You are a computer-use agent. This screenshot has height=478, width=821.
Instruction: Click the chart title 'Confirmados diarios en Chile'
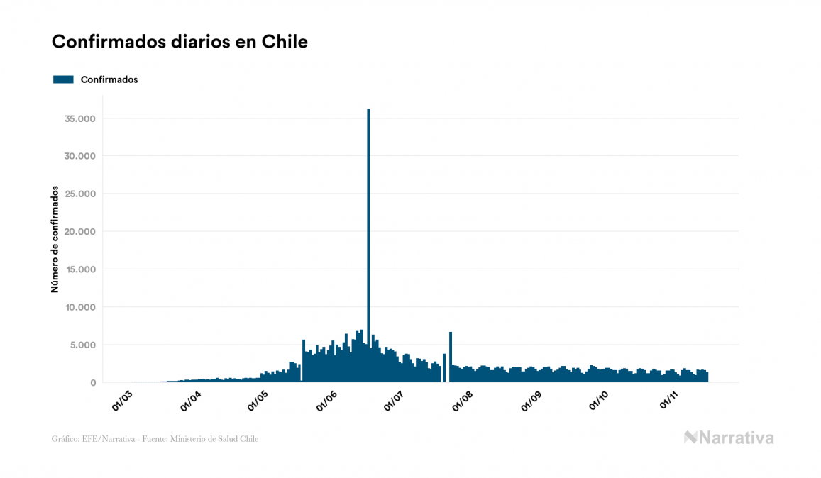tap(180, 41)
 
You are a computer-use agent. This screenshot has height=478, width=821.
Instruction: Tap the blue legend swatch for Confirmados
tap(63, 79)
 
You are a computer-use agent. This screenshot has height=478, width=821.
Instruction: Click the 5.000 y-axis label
tap(82, 345)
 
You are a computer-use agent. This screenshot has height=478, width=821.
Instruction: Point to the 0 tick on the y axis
tap(93, 383)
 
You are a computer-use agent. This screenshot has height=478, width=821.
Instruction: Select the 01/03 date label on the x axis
tap(123, 401)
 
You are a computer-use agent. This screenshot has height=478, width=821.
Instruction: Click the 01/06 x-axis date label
tap(327, 401)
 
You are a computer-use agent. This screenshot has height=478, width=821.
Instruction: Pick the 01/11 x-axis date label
tap(669, 401)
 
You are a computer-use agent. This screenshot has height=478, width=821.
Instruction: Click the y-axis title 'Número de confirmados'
tap(55, 239)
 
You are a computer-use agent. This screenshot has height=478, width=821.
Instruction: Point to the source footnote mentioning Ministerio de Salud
tap(155, 439)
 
